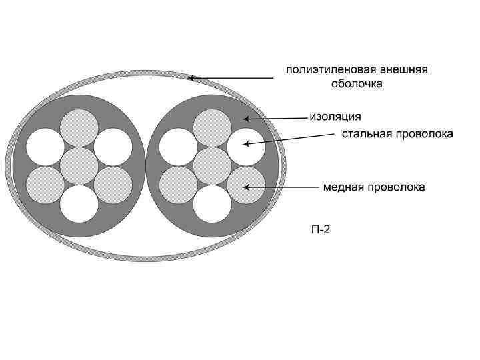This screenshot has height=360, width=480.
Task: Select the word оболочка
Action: (357, 85)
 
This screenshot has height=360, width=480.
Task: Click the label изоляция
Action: (335, 117)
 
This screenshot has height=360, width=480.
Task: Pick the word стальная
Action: (367, 134)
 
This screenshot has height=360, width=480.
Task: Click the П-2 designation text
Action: (321, 230)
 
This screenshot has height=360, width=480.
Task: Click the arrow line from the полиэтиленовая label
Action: (233, 78)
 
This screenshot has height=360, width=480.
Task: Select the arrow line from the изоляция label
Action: (277, 119)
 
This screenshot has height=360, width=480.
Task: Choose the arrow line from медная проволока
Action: (280, 187)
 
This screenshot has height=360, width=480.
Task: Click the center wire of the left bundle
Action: (79, 166)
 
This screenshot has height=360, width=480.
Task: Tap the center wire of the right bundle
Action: (213, 166)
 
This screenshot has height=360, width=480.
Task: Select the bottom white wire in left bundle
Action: (79, 203)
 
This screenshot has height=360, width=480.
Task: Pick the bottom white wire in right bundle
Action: (213, 203)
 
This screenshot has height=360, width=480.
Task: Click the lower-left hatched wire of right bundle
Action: (179, 185)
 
